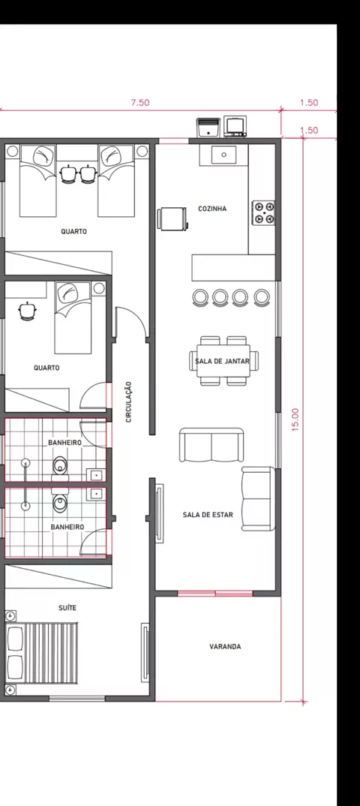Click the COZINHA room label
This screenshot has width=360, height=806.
pos(212,209)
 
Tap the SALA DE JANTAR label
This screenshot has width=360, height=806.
pos(222,362)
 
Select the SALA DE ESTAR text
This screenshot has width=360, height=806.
pos(208,515)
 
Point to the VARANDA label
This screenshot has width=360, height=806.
pos(225,647)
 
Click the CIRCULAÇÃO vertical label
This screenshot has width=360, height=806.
pos(128,401)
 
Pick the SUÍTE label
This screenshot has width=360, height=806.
pos(67,608)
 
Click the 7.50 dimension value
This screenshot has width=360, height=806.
pos(140,102)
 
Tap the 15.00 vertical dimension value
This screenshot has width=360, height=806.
pos(295,419)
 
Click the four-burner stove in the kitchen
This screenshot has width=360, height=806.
pos(263,213)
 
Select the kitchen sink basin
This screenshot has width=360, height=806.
pos(224,154)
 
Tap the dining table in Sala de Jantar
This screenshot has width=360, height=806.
pos(224,361)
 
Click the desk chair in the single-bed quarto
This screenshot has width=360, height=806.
pos(26,311)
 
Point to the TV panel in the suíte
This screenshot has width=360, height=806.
pos(145,652)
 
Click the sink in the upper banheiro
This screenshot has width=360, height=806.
pos(95,475)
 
